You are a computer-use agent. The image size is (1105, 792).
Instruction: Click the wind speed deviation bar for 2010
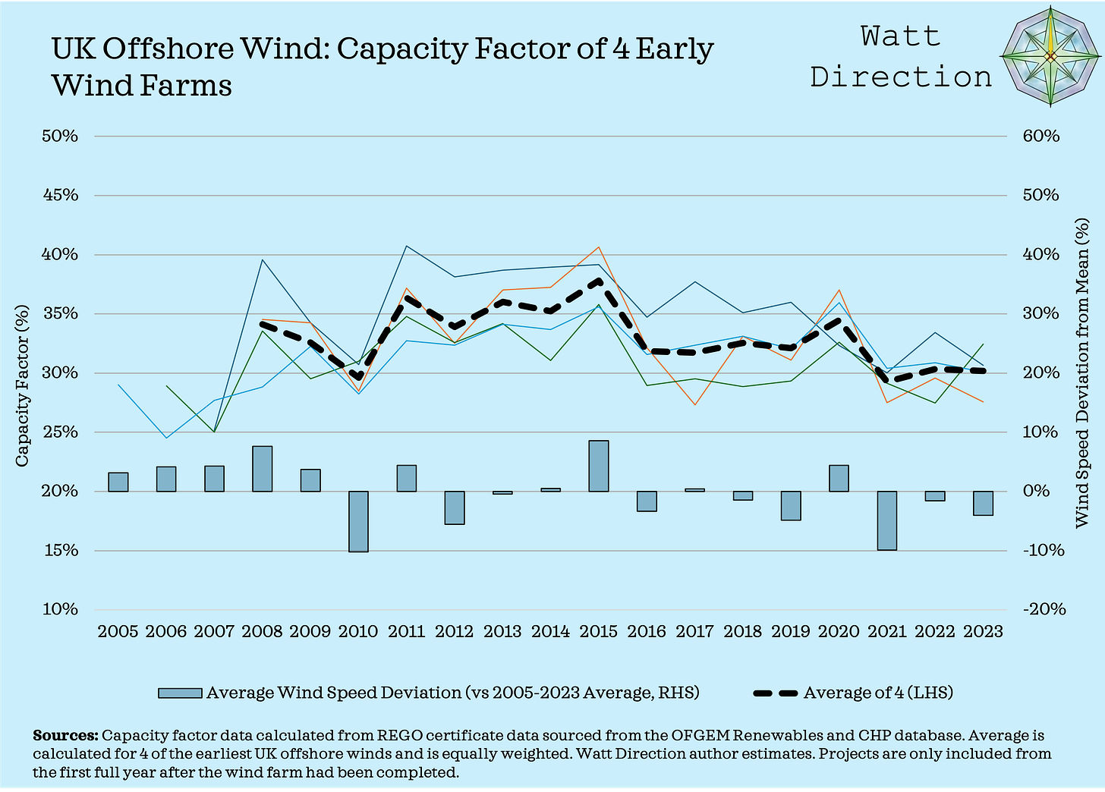point(358,521)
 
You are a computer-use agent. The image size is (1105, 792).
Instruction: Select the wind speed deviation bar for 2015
point(598,466)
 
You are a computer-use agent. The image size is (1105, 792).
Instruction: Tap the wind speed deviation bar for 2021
point(886,520)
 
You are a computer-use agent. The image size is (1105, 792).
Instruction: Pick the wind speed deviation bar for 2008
point(262,469)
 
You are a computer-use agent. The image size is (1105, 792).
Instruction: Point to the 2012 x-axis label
point(454,631)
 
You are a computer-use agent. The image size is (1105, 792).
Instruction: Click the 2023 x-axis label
point(982,631)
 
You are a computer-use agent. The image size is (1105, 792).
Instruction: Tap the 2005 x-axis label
point(118,631)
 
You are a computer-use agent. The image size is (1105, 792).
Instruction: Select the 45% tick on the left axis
point(60,195)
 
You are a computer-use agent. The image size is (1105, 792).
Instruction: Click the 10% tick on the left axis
point(60,609)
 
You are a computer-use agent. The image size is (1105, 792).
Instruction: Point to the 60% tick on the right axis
point(1040,136)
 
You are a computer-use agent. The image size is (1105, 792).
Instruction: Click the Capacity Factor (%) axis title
point(22,385)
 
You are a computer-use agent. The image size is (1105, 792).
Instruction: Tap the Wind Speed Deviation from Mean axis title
point(1082,372)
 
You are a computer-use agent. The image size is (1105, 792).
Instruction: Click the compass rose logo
point(1050,57)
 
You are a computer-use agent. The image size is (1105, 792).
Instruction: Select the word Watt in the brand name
point(900,36)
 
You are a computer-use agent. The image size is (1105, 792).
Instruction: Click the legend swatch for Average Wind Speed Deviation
point(180,693)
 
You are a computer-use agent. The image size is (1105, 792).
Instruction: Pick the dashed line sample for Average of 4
point(775,693)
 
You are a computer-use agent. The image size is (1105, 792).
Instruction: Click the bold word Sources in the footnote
point(65,736)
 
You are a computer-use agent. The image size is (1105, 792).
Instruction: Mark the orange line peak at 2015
point(598,247)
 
